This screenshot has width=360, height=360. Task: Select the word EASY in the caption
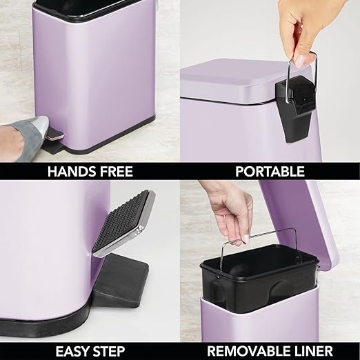[x=72, y=350]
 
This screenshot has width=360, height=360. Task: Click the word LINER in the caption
[x=313, y=350]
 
